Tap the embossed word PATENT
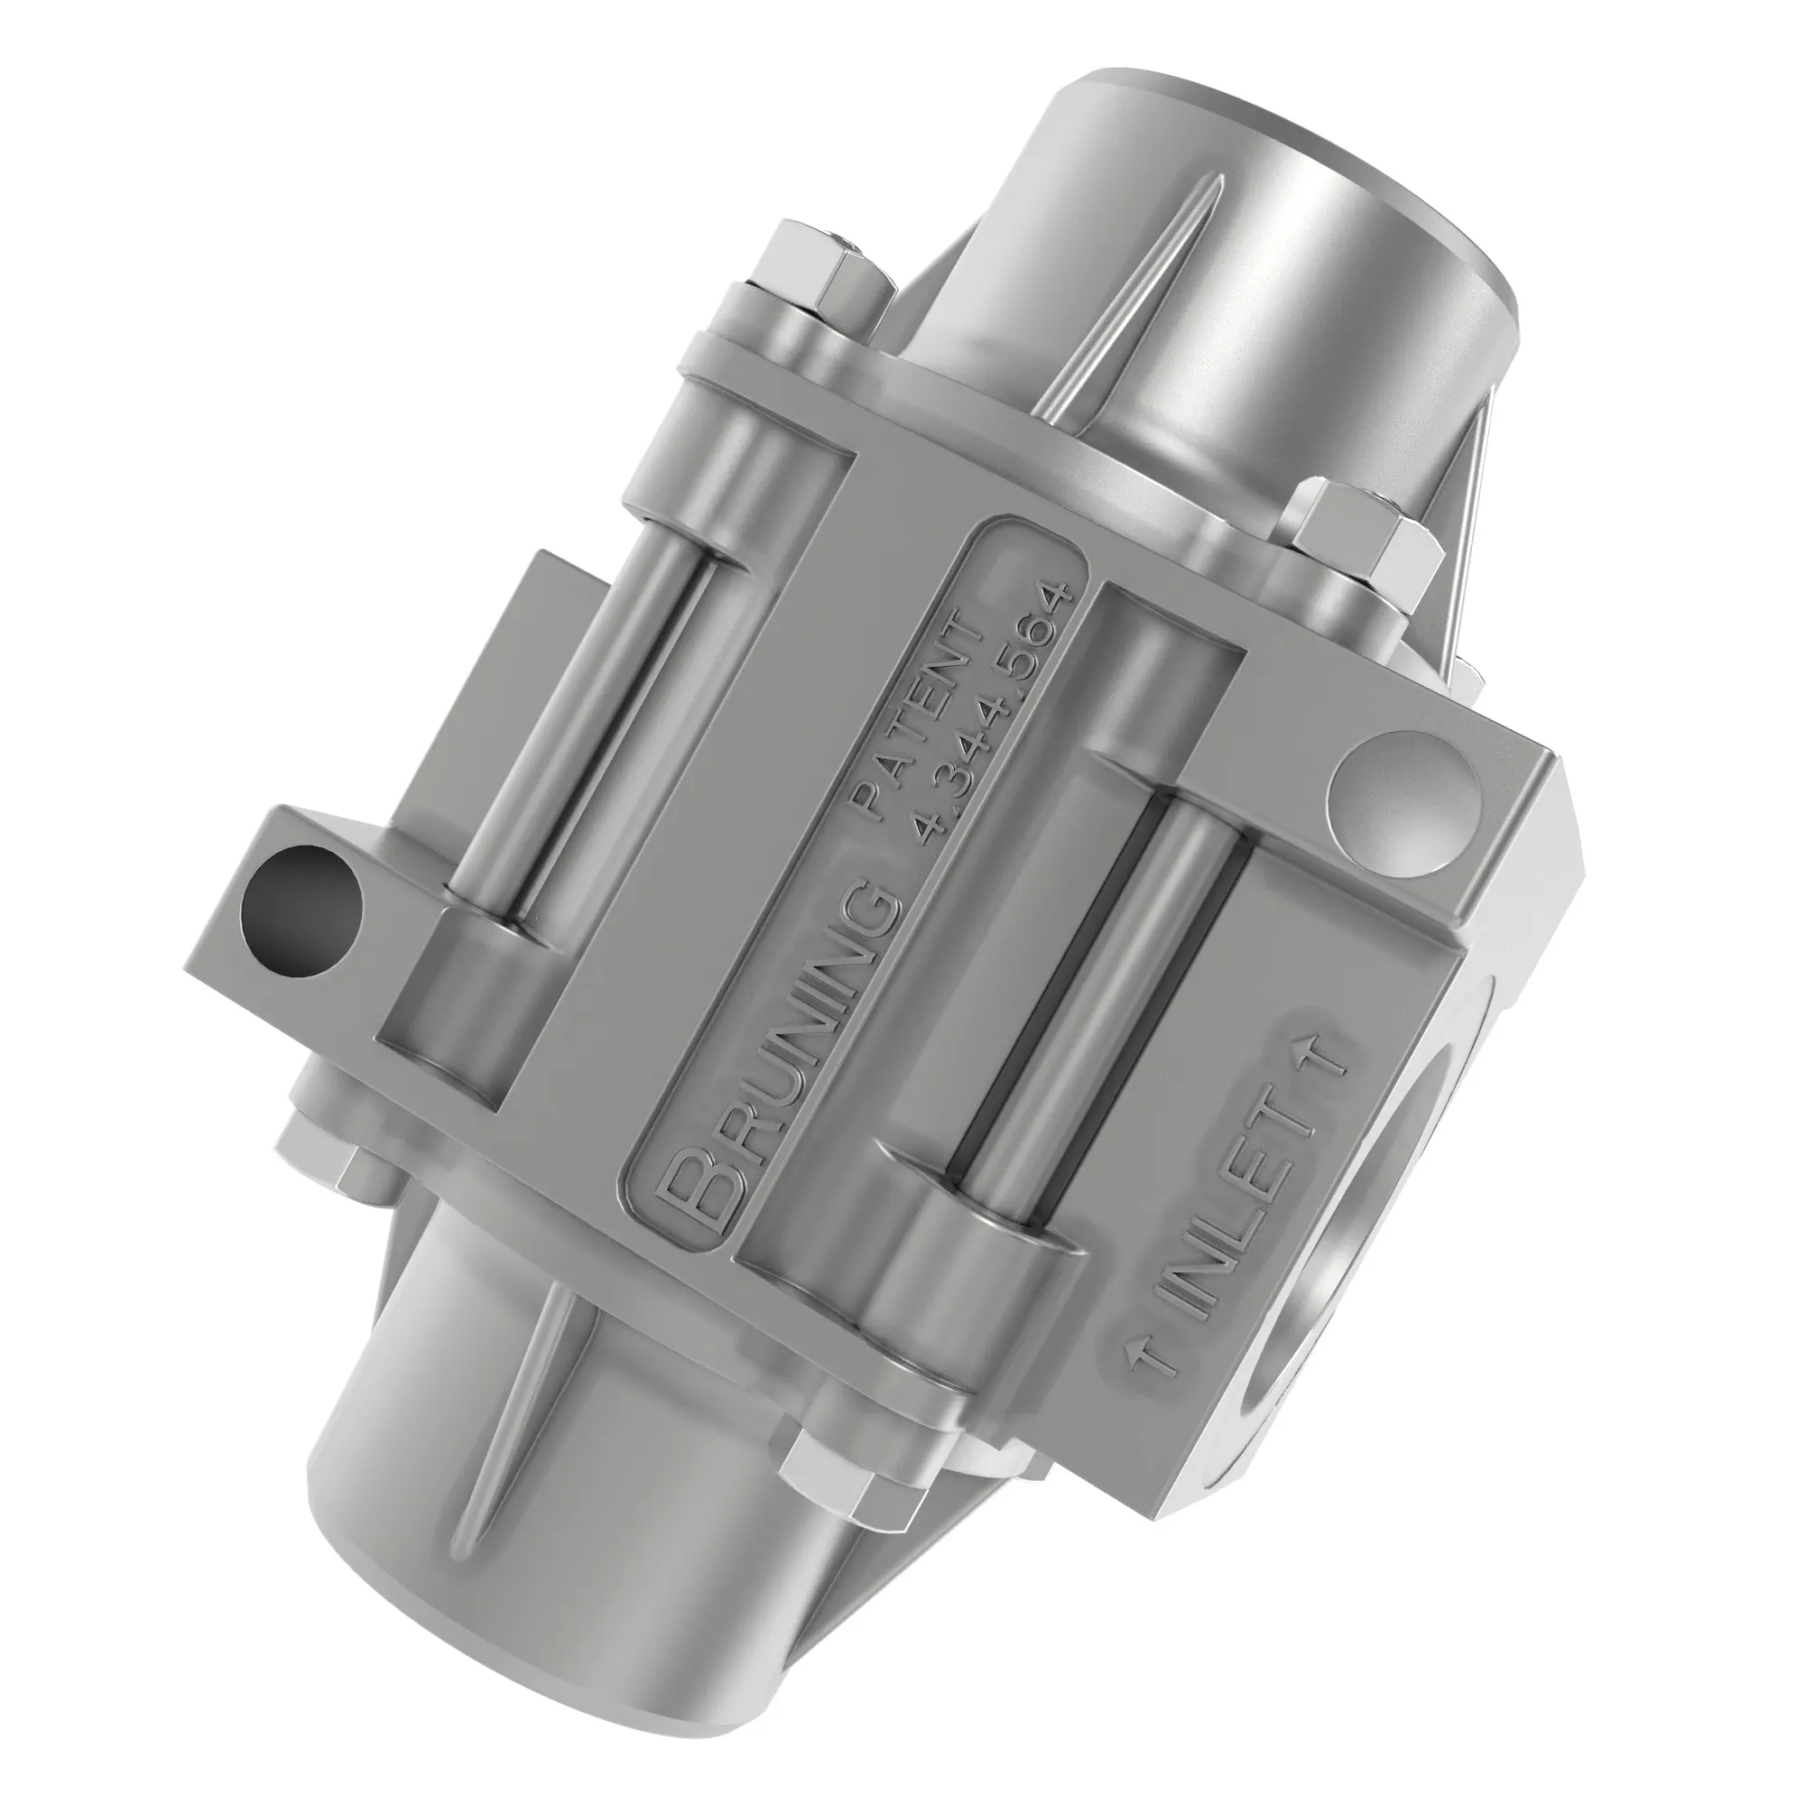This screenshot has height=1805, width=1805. coord(921,710)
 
